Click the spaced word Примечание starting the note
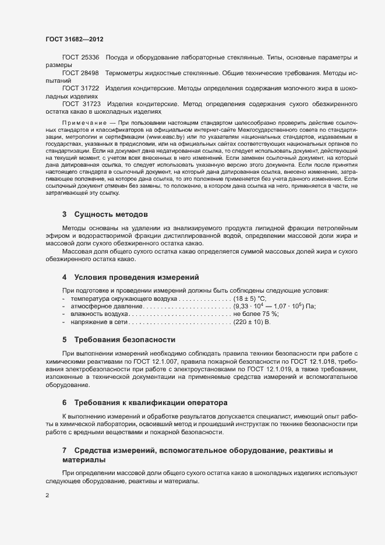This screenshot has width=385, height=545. coord(84,122)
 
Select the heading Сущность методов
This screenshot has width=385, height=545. coord(107,215)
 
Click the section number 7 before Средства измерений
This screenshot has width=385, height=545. coord(65,451)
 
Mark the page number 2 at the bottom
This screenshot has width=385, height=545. coord(47,495)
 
